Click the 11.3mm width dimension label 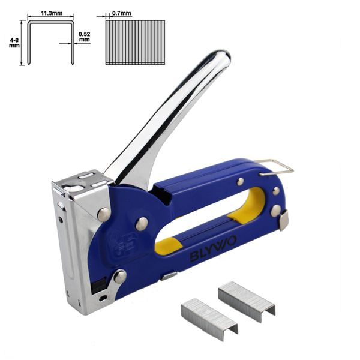pyautogui.click(x=52, y=13)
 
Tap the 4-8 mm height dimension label pyautogui.click(x=14, y=43)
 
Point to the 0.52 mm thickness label pyautogui.click(x=84, y=37)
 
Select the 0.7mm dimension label pyautogui.click(x=122, y=13)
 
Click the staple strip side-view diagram pyautogui.click(x=135, y=42)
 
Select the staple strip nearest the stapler pyautogui.click(x=209, y=319)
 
